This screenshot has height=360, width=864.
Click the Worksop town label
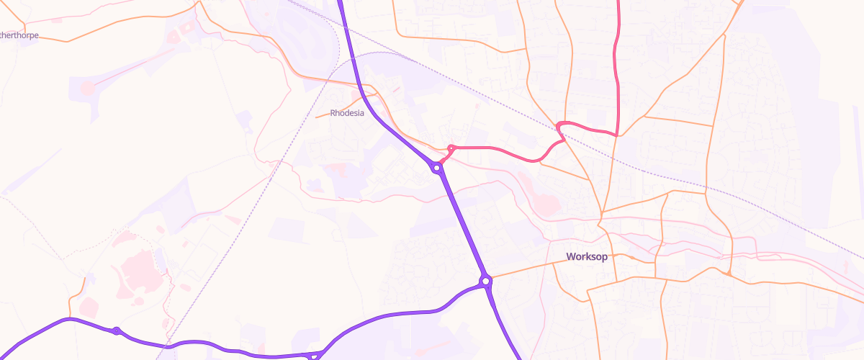point(587,257)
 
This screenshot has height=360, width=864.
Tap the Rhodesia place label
point(347,113)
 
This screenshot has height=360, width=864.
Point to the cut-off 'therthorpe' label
point(19,35)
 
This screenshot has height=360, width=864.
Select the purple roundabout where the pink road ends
point(437,168)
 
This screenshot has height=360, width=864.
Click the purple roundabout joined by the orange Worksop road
point(486,280)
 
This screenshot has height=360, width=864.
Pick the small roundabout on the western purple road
point(116,330)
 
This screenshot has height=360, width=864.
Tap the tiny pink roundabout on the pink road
point(451,148)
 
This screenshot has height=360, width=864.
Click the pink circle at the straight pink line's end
point(87,88)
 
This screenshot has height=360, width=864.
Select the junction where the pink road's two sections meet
point(617,134)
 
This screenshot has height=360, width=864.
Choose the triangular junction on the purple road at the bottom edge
point(314,355)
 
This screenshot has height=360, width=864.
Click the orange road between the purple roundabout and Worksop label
point(522,271)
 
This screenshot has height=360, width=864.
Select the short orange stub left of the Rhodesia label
point(323,115)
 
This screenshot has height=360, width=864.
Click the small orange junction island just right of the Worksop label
point(631,256)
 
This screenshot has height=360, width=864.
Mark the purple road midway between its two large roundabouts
point(462,224)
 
